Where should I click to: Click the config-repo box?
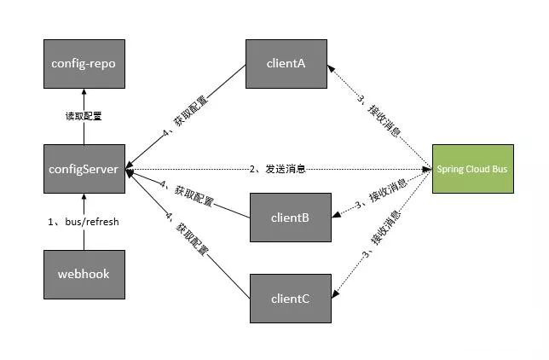(84, 63)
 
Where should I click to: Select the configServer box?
(84, 169)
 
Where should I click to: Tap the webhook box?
(84, 274)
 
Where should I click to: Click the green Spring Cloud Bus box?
(472, 169)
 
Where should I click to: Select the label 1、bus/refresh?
(84, 221)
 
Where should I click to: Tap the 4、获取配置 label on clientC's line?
(188, 235)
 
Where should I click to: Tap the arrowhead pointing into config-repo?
(84, 92)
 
